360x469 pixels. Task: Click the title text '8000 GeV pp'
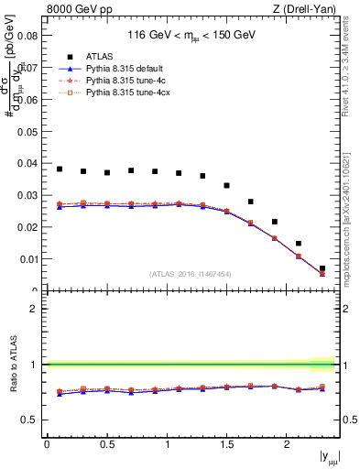(x=72, y=10)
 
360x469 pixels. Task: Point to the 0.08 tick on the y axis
(x=26, y=36)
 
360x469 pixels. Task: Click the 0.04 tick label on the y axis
(x=26, y=164)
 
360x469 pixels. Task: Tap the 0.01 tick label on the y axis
(x=26, y=259)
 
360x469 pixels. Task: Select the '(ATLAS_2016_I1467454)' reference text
(x=191, y=274)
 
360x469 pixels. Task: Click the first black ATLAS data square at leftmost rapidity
(x=60, y=169)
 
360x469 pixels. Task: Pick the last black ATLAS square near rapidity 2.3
(x=322, y=268)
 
